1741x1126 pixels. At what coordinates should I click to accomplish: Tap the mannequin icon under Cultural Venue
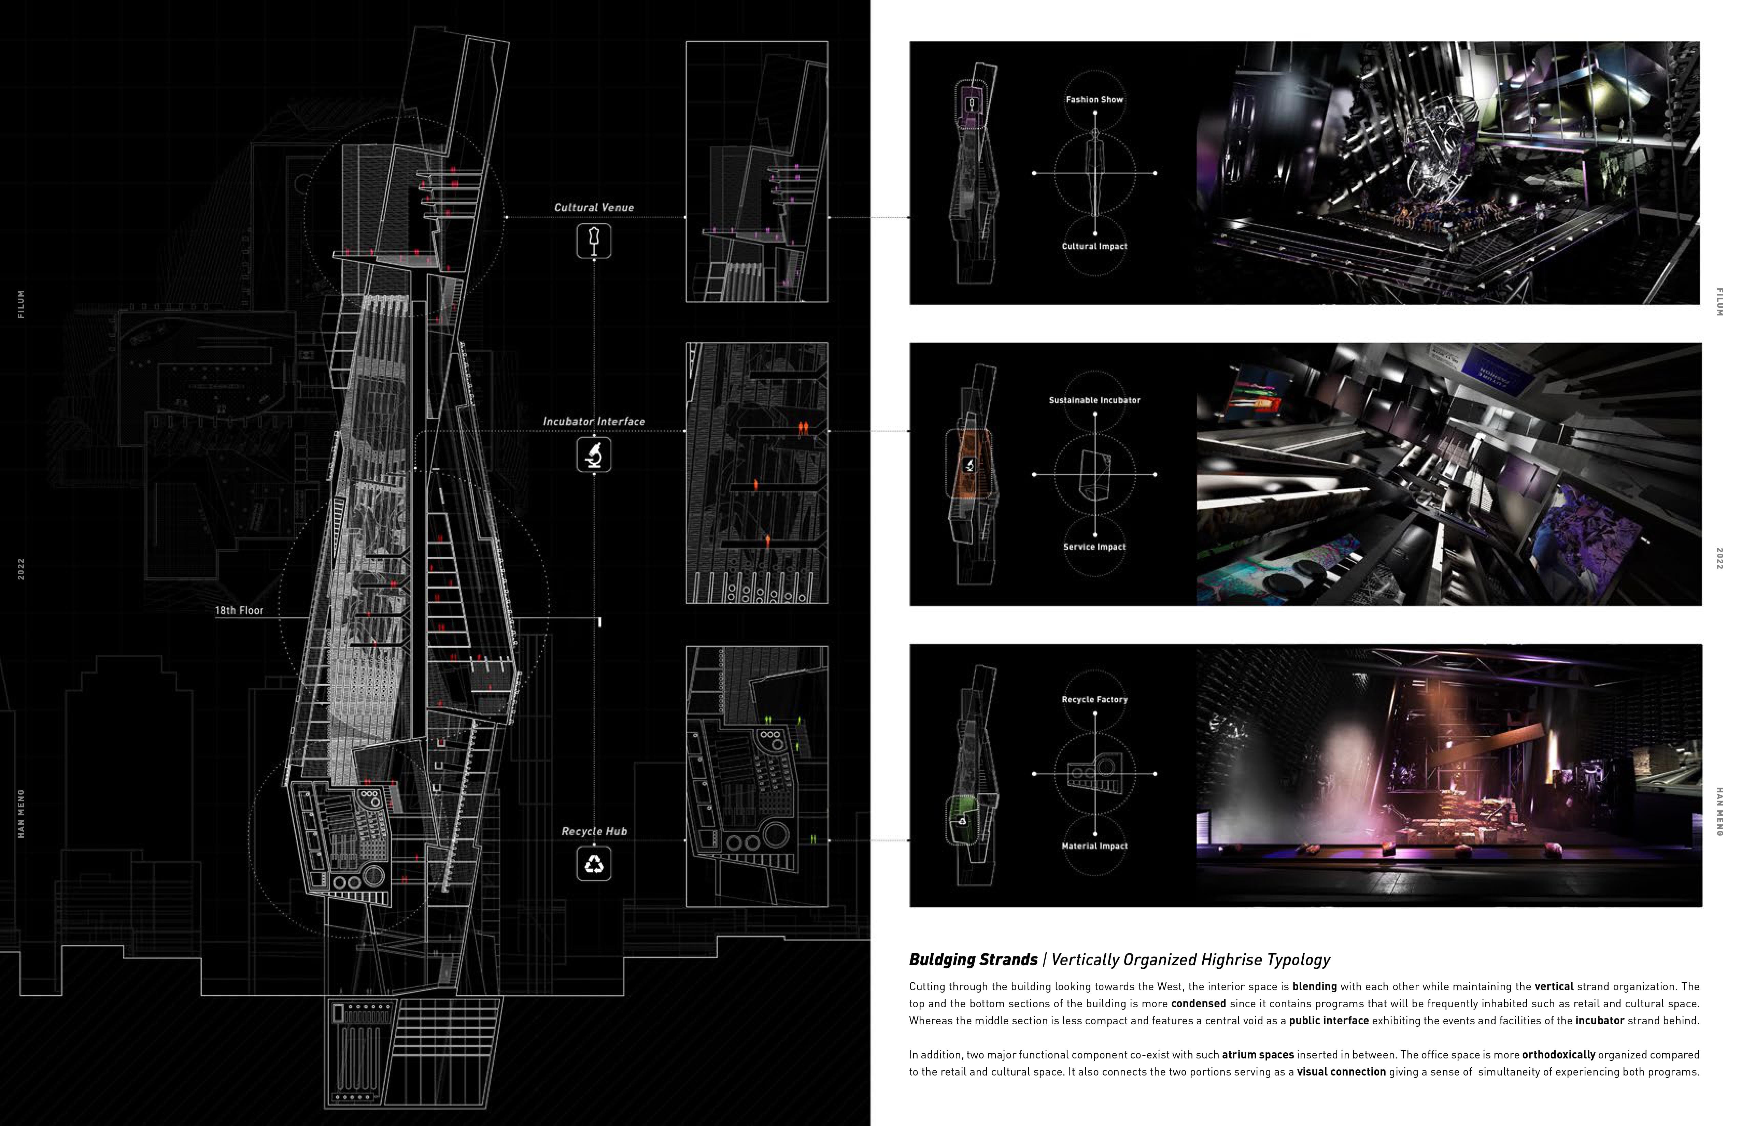[x=594, y=241]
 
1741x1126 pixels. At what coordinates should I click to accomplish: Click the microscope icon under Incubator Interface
[x=594, y=455]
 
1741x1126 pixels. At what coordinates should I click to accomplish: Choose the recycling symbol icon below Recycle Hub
[x=594, y=864]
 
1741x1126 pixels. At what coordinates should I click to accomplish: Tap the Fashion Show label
[x=1094, y=99]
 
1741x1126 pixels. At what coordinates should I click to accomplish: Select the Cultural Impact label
[x=1094, y=246]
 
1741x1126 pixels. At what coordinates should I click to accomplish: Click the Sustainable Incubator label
[x=1094, y=401]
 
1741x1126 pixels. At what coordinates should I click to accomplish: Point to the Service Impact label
[x=1094, y=547]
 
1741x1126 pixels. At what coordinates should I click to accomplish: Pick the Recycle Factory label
[x=1094, y=700]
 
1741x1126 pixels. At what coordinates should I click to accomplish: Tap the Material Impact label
[x=1094, y=846]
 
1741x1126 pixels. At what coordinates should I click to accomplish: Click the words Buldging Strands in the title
[x=973, y=960]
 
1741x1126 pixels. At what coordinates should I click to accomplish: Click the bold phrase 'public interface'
[x=1328, y=1021]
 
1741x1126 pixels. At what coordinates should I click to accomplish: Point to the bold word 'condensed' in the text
[x=1198, y=1004]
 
